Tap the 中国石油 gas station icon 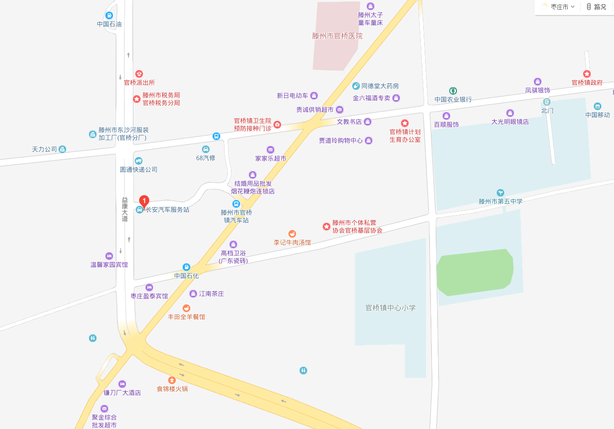coord(109,15)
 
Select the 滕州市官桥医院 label coord(337,36)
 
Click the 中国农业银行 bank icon coord(453,90)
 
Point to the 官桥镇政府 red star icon coord(587,74)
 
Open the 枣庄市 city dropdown coord(558,7)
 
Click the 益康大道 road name coord(125,209)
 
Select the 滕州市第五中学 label coord(500,201)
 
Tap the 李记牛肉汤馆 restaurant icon coord(292,234)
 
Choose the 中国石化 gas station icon coord(186,267)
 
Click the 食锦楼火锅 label coord(172,388)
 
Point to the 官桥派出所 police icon coord(139,73)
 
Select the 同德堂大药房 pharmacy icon coord(356,86)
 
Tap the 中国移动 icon coord(598,106)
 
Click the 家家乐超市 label coord(271,158)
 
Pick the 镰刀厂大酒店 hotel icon coord(122,384)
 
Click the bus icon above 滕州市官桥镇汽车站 coord(236,204)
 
